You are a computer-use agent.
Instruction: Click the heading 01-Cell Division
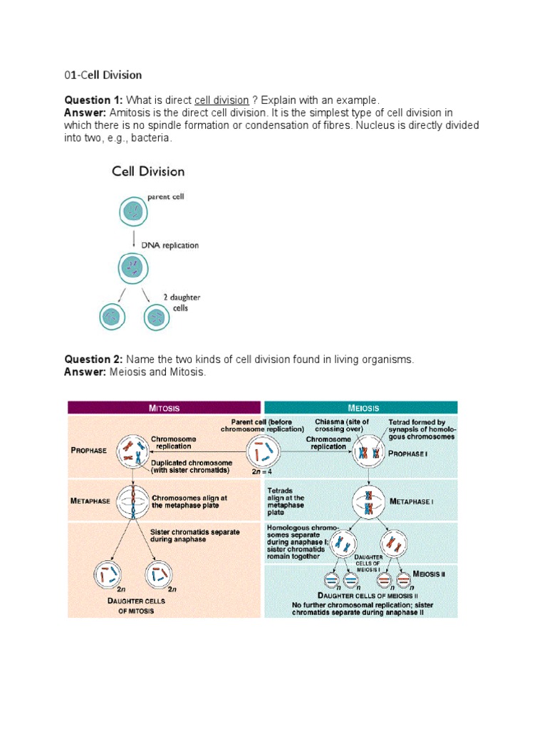[103, 75]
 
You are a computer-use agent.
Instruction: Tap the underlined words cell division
[222, 100]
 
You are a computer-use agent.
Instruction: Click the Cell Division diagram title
[147, 172]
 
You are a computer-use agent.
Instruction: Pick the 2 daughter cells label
[182, 303]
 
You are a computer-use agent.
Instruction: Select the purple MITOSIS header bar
[165, 408]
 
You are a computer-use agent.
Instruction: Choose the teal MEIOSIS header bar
[363, 408]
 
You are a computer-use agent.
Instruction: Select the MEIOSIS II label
[429, 574]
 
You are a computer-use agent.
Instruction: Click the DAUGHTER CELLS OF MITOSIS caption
[136, 606]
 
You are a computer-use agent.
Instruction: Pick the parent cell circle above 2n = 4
[264, 451]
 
